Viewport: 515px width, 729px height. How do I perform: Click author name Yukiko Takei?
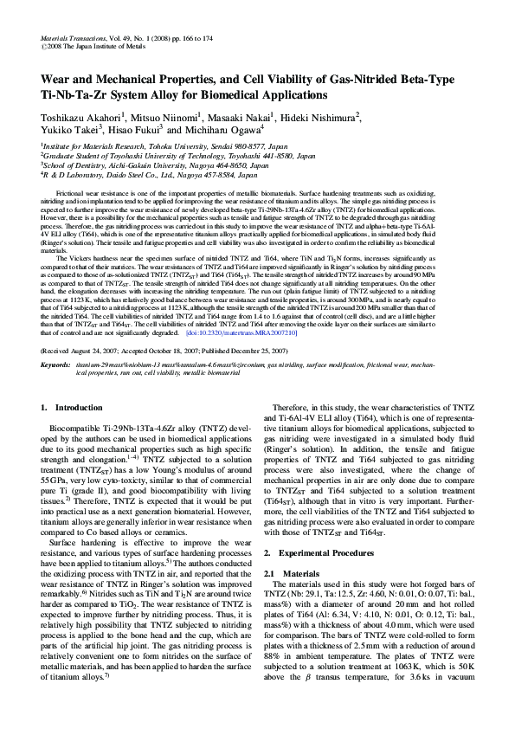click(x=66, y=130)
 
